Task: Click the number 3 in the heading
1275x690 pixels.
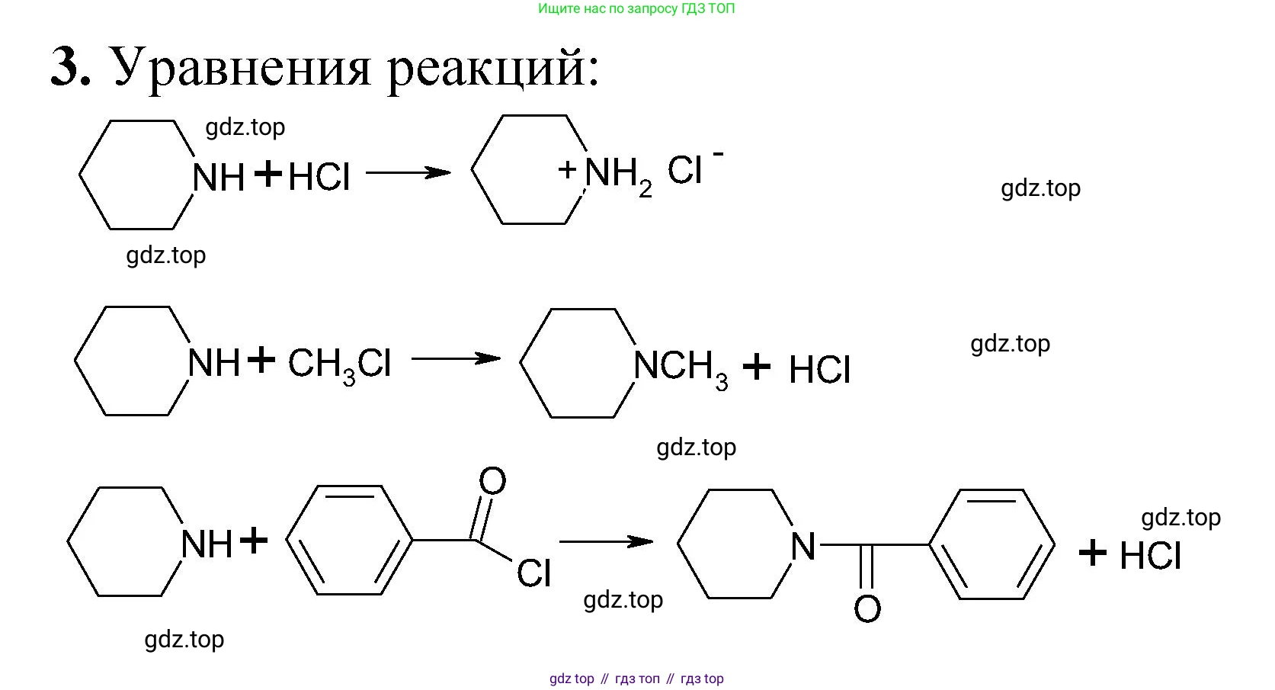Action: [66, 67]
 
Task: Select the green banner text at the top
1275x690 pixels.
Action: [636, 8]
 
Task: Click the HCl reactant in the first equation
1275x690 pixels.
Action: [319, 176]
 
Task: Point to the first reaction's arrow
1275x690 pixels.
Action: [408, 172]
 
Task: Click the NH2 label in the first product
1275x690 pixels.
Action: [618, 175]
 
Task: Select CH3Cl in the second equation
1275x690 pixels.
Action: [340, 365]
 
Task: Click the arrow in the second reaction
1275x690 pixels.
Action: [456, 358]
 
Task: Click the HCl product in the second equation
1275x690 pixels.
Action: [820, 370]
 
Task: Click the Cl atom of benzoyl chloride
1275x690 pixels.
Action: [534, 572]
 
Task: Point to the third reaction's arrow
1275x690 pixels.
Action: [606, 541]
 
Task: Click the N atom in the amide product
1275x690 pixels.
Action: [803, 547]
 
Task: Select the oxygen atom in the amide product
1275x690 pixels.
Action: [867, 608]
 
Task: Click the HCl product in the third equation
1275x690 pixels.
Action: [1150, 557]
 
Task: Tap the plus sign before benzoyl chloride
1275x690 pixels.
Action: [254, 540]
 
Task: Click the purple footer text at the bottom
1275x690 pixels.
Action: [636, 679]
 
